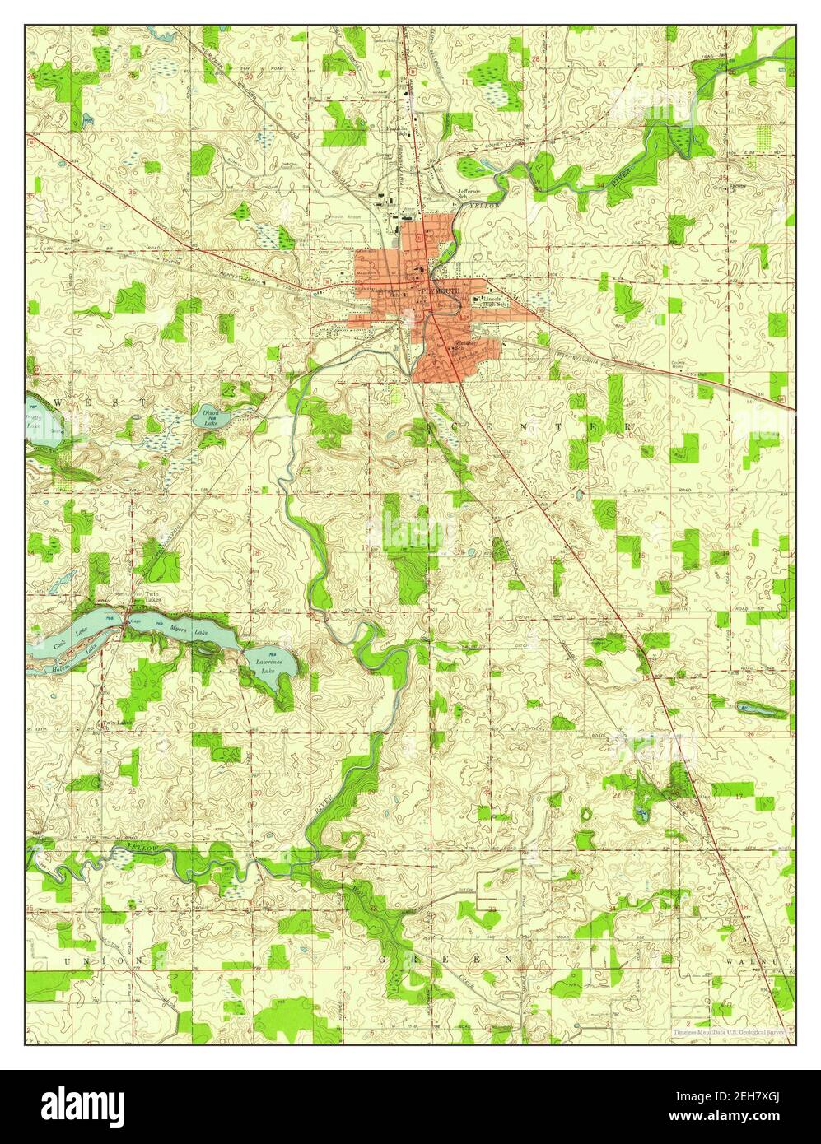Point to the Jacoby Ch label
(735, 186)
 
